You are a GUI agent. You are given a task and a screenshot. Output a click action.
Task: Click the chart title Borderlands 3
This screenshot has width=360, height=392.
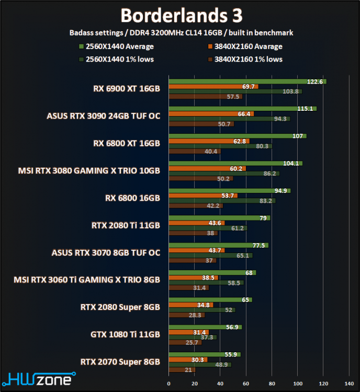coord(179,15)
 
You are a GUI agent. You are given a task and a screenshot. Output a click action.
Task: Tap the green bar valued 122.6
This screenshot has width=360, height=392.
coord(247,81)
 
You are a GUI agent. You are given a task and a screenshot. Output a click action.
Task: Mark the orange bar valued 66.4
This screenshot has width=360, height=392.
coord(211,113)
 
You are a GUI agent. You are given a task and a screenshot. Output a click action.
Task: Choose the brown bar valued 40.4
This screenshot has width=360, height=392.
coord(194,152)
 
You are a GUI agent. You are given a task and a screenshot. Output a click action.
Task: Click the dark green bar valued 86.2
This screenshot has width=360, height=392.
coord(223,173)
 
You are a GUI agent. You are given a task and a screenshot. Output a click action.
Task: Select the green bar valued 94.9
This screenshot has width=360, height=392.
coord(229,190)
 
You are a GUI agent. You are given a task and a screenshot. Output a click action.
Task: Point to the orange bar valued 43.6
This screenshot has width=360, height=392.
coord(196,223)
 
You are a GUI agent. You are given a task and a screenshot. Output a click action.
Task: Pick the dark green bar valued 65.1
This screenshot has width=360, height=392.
coord(210,255)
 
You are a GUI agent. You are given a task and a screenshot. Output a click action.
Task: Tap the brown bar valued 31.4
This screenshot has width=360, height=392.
coord(188,287)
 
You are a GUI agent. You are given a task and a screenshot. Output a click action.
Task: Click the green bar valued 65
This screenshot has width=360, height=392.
coord(210,299)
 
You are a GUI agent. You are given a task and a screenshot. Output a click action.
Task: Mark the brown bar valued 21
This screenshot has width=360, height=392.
coord(182,370)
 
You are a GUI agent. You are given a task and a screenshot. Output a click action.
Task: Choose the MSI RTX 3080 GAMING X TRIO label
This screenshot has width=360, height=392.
coord(89,170)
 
